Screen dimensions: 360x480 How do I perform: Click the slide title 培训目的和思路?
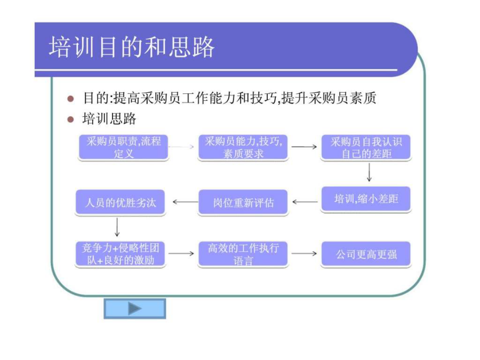[x=132, y=47]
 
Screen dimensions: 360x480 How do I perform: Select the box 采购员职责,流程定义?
[x=123, y=147]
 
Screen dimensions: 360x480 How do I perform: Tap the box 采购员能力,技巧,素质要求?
[x=243, y=147]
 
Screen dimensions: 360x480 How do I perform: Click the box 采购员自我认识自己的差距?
[x=366, y=147]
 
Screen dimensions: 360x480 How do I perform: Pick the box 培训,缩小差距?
[x=366, y=199]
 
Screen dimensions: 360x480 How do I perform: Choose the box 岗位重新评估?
[x=243, y=203]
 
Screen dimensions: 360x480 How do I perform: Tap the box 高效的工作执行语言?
[x=243, y=254]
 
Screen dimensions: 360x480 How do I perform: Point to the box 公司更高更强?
[x=366, y=254]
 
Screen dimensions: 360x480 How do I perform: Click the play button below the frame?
[x=134, y=308]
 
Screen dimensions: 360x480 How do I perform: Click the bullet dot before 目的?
[x=70, y=99]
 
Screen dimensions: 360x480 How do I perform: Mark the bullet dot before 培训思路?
[x=70, y=118]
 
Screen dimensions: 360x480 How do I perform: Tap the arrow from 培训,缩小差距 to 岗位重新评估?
[x=305, y=202]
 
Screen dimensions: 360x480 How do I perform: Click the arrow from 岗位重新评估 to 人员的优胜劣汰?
[x=185, y=202]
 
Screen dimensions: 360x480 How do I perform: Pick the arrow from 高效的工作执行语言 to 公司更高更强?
[x=305, y=253]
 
